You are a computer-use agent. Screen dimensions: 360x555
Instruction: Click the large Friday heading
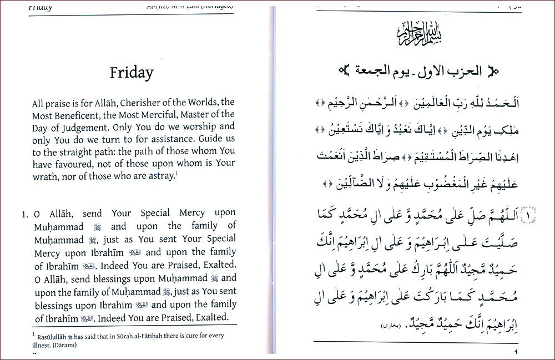click(131, 73)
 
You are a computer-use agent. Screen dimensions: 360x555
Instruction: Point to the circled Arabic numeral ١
click(529, 214)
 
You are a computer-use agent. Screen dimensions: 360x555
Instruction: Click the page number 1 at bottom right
click(516, 353)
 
